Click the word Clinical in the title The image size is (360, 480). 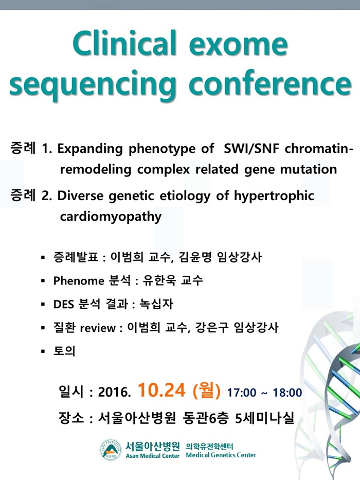(x=125, y=43)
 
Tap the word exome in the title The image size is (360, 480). (x=239, y=45)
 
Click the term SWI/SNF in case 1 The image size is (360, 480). (x=251, y=149)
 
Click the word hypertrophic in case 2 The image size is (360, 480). (x=274, y=197)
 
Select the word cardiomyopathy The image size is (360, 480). (x=111, y=217)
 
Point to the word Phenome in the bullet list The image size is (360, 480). (x=79, y=281)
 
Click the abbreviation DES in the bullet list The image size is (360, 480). (x=64, y=304)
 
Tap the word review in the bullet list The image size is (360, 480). (x=98, y=328)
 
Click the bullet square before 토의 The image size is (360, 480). (x=43, y=351)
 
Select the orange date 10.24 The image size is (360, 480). (x=161, y=390)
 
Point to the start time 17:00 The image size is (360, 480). (x=242, y=393)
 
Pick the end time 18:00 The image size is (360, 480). (x=287, y=393)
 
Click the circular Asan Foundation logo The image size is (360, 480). (x=111, y=450)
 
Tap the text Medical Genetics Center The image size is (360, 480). (x=221, y=455)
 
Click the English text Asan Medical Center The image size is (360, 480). (x=152, y=456)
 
